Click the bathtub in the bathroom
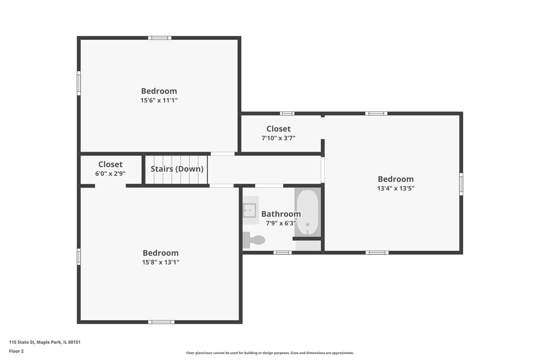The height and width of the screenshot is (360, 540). [x=307, y=212]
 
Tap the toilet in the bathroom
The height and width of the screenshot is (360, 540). [x=254, y=240]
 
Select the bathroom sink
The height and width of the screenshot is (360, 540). [x=250, y=210]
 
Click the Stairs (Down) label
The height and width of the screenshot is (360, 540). [x=177, y=169]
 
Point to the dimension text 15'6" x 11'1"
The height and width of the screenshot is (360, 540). [x=159, y=100]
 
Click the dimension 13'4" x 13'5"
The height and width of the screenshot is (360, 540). [x=396, y=188]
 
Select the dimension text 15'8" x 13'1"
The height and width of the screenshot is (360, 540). [x=161, y=262]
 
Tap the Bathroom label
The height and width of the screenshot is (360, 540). [x=281, y=214]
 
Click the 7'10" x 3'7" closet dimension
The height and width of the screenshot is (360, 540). [x=278, y=138]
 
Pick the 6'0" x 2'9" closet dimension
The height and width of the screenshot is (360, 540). [x=110, y=174]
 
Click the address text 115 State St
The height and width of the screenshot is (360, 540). [x=22, y=342]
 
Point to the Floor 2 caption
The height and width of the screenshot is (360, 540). [x=16, y=351]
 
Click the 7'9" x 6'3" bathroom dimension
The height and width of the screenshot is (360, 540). [x=281, y=223]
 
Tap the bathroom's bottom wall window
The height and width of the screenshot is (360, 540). [x=283, y=253]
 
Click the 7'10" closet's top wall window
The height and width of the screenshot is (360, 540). [x=287, y=114]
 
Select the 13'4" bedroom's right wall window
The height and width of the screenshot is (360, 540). [x=461, y=184]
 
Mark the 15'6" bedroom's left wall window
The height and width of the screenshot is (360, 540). [x=79, y=83]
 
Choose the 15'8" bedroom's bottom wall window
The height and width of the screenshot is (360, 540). [x=161, y=322]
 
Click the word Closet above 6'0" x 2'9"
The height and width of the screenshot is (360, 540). [x=110, y=164]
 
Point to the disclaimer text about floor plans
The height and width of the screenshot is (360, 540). [x=270, y=353]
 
